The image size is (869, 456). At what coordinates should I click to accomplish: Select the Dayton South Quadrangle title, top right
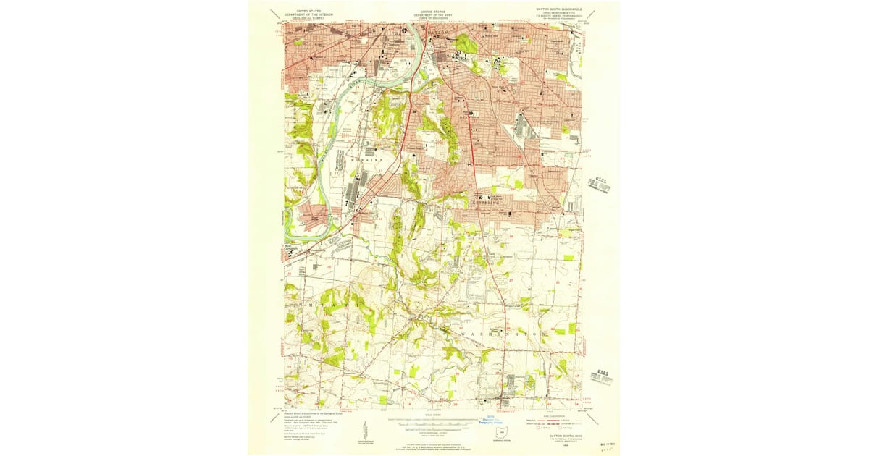(558, 12)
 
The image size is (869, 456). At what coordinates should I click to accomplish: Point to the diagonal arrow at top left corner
(274, 13)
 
